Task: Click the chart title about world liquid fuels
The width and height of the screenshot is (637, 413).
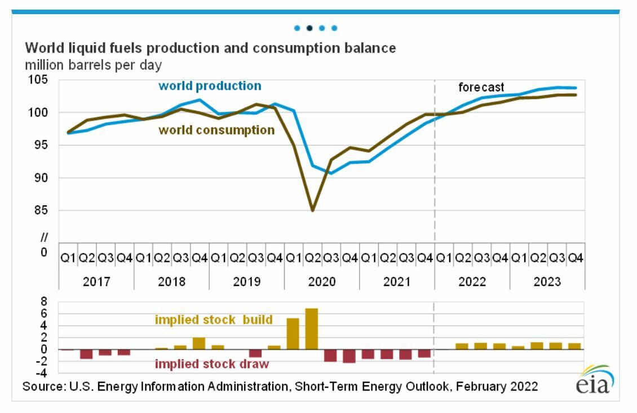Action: click(209, 49)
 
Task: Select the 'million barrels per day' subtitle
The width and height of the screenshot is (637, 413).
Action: click(93, 65)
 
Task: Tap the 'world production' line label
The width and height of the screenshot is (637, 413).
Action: click(210, 86)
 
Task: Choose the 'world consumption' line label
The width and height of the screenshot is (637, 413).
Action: click(216, 130)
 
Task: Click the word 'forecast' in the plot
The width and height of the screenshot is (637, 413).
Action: click(481, 87)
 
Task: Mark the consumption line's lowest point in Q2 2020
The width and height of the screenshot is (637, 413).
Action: click(312, 210)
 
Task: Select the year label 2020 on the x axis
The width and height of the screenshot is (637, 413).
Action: click(322, 282)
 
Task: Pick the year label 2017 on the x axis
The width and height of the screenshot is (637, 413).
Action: click(96, 282)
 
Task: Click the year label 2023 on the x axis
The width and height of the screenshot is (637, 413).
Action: click(547, 282)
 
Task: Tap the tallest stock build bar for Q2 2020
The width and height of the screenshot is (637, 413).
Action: click(312, 328)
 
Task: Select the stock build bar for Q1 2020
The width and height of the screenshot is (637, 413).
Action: click(293, 333)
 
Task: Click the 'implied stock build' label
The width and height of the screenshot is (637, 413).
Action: click(213, 320)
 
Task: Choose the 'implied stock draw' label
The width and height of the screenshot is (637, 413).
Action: click(212, 364)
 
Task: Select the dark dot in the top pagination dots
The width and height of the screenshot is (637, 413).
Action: click(309, 28)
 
